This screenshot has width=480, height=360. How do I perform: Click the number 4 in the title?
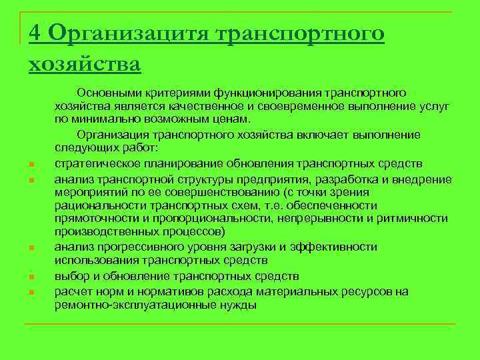click(36, 33)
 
